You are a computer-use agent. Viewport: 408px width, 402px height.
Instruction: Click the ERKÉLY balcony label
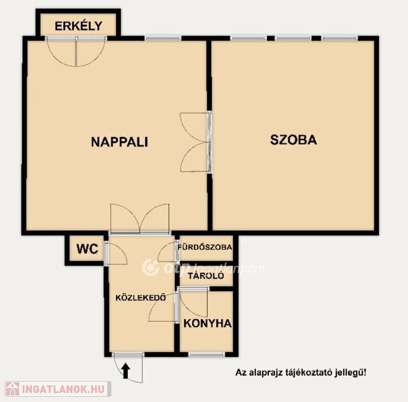[x=78, y=26]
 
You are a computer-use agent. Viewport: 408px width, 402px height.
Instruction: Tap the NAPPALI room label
[x=119, y=142]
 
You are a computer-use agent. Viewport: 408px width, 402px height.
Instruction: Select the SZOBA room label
[x=293, y=140]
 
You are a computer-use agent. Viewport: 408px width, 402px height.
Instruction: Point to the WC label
[x=87, y=249]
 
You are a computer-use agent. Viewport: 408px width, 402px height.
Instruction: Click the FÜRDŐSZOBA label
[x=205, y=247]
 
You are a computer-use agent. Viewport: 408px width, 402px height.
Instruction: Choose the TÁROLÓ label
[x=206, y=276]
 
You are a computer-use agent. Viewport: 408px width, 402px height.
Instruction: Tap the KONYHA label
[x=207, y=323]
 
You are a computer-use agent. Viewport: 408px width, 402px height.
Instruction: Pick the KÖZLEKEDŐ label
[x=141, y=298]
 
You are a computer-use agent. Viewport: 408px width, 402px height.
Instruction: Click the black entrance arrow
[x=126, y=371]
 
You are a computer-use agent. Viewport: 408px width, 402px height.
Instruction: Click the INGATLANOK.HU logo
[x=58, y=389]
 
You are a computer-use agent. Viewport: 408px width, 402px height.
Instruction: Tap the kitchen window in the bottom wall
[x=206, y=354]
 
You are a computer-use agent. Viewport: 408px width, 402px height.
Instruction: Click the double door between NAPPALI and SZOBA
[x=196, y=142]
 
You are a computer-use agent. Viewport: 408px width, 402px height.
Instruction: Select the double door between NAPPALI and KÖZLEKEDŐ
[x=140, y=219]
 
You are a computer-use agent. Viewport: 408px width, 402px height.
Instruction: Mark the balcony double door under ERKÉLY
[x=76, y=51]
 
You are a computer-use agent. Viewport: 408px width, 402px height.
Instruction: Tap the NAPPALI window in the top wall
[x=163, y=38]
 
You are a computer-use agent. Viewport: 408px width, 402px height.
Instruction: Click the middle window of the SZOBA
[x=293, y=38]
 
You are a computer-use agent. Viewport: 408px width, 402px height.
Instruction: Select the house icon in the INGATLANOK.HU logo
[x=13, y=389]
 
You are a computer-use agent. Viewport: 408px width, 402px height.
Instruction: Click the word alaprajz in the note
[x=268, y=372]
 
